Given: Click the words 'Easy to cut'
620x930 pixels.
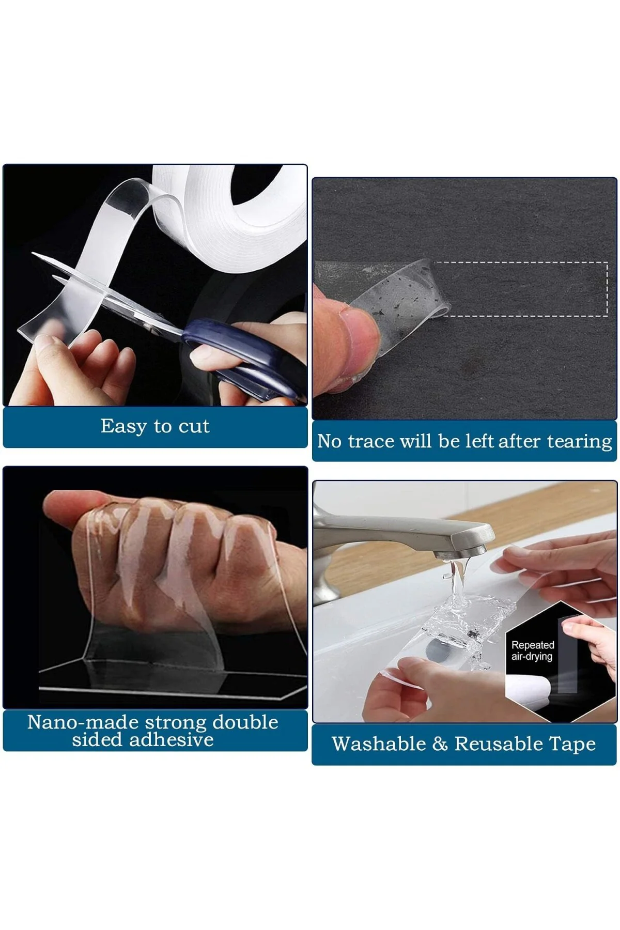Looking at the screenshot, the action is [155, 426].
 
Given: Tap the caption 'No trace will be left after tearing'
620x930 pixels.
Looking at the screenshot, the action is [464, 441].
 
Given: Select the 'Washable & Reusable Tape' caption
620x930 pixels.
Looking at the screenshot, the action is [463, 744].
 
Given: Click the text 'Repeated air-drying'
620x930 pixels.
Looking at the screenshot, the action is [532, 650].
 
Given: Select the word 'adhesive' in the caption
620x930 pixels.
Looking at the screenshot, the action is [172, 739].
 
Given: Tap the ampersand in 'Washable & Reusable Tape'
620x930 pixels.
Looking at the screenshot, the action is [440, 744].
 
